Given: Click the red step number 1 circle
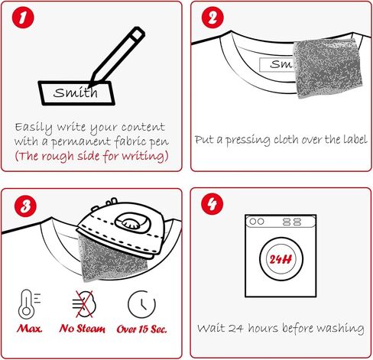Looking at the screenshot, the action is pyautogui.click(x=23, y=18).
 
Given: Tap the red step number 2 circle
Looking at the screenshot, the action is pyautogui.click(x=212, y=18).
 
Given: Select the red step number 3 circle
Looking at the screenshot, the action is pyautogui.click(x=25, y=206).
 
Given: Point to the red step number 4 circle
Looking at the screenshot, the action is pyautogui.click(x=212, y=204).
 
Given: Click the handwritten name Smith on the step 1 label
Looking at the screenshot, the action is pyautogui.click(x=76, y=92).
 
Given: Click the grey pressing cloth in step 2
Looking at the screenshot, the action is pyautogui.click(x=328, y=67).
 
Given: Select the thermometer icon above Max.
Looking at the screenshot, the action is pyautogui.click(x=29, y=304).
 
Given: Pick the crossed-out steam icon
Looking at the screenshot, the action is pyautogui.click(x=84, y=304).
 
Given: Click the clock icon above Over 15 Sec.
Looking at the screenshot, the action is pyautogui.click(x=141, y=304).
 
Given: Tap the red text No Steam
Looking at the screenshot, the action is pyautogui.click(x=82, y=329).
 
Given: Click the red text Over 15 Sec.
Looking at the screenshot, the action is pyautogui.click(x=142, y=329).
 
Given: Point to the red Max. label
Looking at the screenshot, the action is pyautogui.click(x=30, y=329).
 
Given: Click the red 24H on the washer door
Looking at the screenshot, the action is pyautogui.click(x=281, y=259).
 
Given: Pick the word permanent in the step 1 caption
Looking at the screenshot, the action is pyautogui.click(x=81, y=142).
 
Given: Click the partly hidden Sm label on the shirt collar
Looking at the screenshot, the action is pyautogui.click(x=277, y=64).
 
